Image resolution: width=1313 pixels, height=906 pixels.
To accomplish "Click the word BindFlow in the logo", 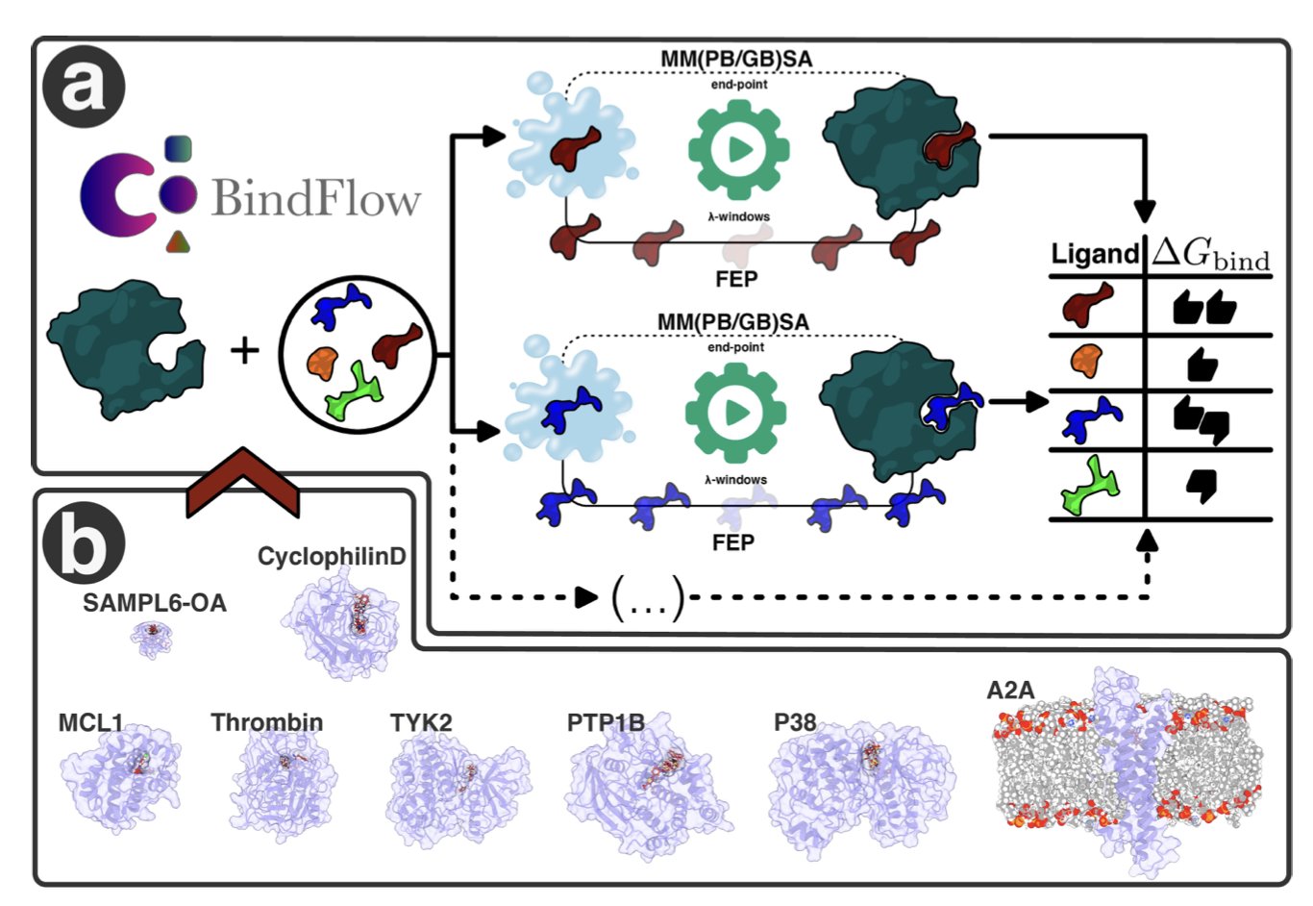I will (315, 197).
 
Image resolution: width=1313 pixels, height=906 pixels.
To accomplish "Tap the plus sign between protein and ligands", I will (245, 350).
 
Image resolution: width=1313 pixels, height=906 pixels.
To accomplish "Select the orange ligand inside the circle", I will (323, 363).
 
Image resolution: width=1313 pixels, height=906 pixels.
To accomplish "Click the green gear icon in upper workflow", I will (738, 149).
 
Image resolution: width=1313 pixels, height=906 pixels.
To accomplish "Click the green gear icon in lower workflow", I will (736, 412).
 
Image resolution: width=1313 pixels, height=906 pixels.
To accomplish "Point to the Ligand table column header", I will (1094, 254).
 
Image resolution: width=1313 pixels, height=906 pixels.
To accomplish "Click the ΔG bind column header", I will (1211, 254).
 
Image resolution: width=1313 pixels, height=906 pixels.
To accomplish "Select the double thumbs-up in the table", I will (1204, 308).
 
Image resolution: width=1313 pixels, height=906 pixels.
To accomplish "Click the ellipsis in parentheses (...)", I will (648, 598).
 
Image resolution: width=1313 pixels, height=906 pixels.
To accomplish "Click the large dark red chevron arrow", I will (243, 481).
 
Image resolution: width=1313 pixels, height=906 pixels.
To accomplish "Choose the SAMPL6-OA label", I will (155, 603).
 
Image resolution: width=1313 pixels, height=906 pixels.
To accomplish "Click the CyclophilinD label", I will (332, 556).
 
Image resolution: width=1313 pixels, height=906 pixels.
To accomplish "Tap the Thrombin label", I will (267, 722).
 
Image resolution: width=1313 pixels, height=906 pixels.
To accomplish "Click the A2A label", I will (1010, 690).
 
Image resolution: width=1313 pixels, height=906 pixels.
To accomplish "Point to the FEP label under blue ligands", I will (732, 542).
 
